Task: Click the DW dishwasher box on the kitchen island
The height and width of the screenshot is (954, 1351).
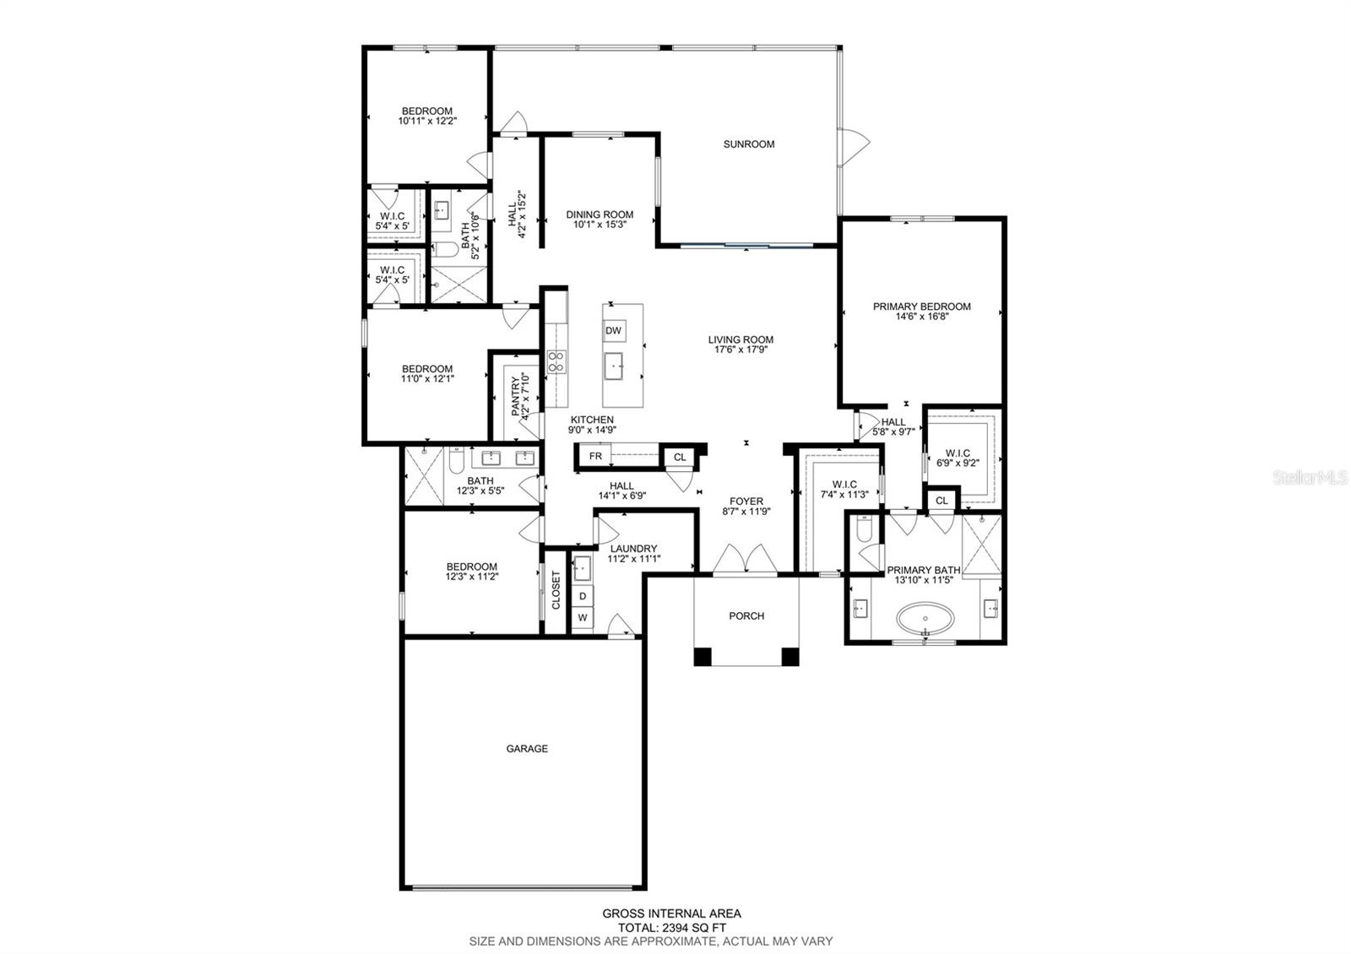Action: pos(613,330)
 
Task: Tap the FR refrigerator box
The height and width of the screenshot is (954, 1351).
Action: pos(594,456)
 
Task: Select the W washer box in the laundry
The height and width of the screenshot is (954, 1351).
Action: pos(583,617)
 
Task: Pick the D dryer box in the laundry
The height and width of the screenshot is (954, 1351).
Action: pos(583,596)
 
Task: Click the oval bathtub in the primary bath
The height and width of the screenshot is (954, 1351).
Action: pos(925,618)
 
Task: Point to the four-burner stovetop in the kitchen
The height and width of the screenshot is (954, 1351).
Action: pos(556,361)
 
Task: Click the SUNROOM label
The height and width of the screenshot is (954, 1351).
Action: pos(748,144)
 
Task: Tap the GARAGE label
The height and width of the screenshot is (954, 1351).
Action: pos(527,748)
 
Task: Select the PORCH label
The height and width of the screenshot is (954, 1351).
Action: pos(746,615)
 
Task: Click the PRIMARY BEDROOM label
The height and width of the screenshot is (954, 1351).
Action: pos(921,306)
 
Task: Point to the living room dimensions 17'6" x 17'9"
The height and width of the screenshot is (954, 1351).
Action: pos(741,350)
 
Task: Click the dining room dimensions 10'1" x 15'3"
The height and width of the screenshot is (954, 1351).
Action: pos(600,225)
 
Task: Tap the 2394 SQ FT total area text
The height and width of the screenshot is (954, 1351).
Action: pos(693,928)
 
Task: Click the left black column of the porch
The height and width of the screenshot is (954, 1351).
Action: pos(702,656)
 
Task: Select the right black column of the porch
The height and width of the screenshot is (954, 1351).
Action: pos(790,656)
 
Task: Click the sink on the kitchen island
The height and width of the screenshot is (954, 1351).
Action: pos(613,366)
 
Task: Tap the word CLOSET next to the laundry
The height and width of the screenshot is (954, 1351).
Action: pos(556,590)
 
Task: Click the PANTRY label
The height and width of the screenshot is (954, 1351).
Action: pos(516,396)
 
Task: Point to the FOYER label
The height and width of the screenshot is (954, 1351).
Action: pos(746,501)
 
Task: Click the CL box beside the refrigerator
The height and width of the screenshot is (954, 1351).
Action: pos(680,457)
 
